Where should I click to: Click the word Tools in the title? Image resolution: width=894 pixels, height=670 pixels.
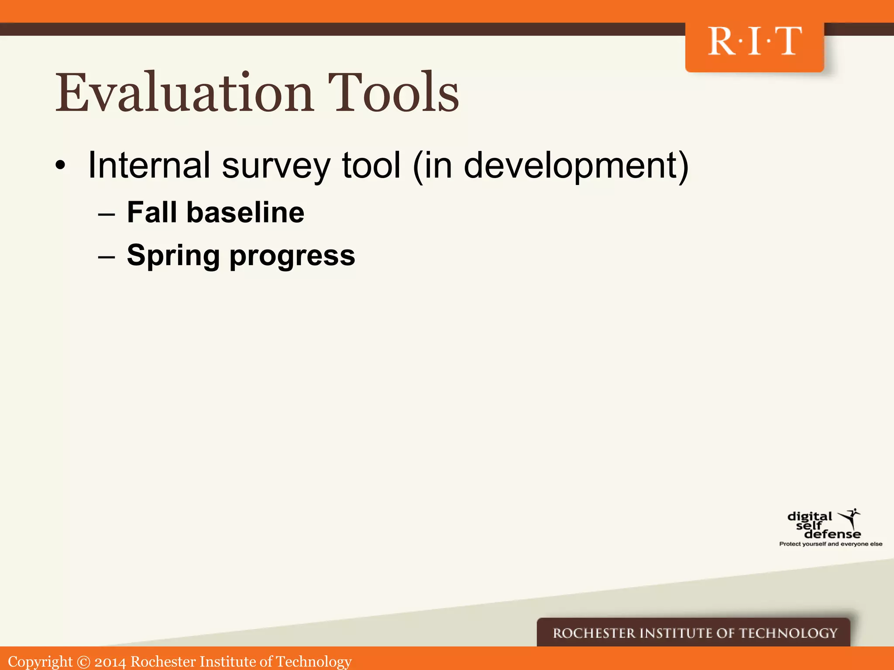pos(393,92)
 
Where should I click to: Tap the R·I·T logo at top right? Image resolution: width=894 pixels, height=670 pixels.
pos(754,42)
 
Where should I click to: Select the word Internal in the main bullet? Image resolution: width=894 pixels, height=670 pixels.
pos(149,165)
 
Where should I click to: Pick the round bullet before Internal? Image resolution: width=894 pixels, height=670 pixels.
pos(60,166)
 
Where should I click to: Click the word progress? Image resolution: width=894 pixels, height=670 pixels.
pos(292,257)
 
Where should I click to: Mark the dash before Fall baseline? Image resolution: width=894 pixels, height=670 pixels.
pos(107,214)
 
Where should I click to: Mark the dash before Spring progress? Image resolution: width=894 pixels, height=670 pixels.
pos(107,257)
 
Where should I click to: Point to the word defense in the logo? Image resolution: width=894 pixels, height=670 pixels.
pos(832,534)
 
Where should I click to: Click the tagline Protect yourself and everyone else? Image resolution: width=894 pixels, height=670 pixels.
pos(831,544)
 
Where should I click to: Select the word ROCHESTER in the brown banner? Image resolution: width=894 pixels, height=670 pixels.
pos(594,633)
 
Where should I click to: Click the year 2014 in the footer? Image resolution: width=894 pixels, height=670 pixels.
pos(110,662)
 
